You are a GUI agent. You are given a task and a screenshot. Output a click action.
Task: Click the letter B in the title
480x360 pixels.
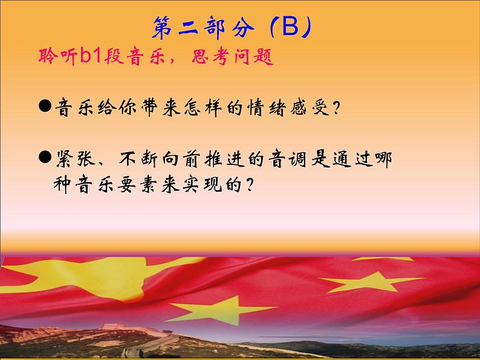coord(290,27)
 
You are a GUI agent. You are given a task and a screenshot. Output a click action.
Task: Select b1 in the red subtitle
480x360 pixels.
coord(91,56)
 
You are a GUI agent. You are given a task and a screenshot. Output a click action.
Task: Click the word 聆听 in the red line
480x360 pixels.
coord(57,56)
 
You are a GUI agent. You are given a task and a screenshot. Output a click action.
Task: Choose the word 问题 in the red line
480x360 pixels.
coord(254,57)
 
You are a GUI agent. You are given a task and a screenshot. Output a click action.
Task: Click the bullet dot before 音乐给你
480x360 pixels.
coord(45,106)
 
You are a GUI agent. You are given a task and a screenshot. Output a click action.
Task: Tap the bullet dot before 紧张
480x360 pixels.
coord(45,157)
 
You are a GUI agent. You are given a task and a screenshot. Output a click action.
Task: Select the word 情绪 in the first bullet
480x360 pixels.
coord(267,108)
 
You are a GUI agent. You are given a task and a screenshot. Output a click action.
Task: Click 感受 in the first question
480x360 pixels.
coord(310,108)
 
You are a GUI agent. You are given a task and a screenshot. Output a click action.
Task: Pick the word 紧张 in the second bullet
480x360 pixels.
coord(75,159)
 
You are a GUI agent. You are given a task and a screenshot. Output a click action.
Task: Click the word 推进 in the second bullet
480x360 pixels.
coord(225,159)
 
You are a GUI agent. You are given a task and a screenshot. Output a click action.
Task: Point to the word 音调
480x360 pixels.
coord(288,159)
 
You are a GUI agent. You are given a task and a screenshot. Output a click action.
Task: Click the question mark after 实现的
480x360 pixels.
coord(250,184)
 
